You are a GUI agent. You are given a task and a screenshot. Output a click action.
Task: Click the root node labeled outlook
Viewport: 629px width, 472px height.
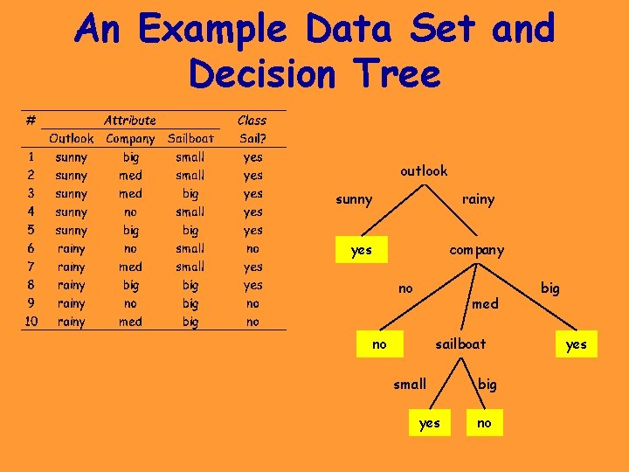tap(424, 170)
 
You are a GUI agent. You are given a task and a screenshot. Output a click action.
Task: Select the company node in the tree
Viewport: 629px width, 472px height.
tap(476, 250)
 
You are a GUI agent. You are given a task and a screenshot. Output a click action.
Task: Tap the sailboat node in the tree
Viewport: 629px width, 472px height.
tap(460, 344)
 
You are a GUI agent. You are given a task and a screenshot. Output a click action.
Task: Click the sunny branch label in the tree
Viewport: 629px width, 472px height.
tap(354, 199)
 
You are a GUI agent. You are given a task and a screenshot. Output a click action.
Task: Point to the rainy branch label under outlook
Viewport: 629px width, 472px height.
tap(478, 199)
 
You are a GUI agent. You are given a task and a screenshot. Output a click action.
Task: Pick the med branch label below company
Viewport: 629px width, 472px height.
tap(485, 303)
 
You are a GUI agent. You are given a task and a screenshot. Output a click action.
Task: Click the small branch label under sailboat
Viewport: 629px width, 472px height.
tap(410, 384)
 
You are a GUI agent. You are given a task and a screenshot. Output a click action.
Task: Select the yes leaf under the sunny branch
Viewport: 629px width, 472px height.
tap(361, 250)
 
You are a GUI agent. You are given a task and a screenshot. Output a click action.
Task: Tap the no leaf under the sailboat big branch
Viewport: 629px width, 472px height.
tap(484, 423)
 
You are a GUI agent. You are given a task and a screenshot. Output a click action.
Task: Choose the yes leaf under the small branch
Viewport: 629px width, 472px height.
tap(430, 423)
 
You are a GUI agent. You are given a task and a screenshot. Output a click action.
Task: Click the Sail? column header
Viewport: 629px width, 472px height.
tap(252, 138)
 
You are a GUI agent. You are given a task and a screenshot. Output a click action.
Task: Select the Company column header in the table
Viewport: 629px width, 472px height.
tap(130, 138)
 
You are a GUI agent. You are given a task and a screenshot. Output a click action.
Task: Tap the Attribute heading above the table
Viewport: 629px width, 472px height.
tap(130, 120)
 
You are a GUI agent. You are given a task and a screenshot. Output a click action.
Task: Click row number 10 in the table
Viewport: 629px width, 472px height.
tap(31, 322)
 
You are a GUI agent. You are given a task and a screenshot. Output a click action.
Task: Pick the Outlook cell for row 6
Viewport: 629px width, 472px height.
tap(72, 248)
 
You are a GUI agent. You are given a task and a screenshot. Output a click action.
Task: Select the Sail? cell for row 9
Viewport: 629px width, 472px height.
tap(252, 303)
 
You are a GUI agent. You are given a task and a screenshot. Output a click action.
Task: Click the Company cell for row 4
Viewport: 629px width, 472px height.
tap(130, 212)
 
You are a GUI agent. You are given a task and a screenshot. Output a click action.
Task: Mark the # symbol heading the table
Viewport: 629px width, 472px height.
tap(31, 120)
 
